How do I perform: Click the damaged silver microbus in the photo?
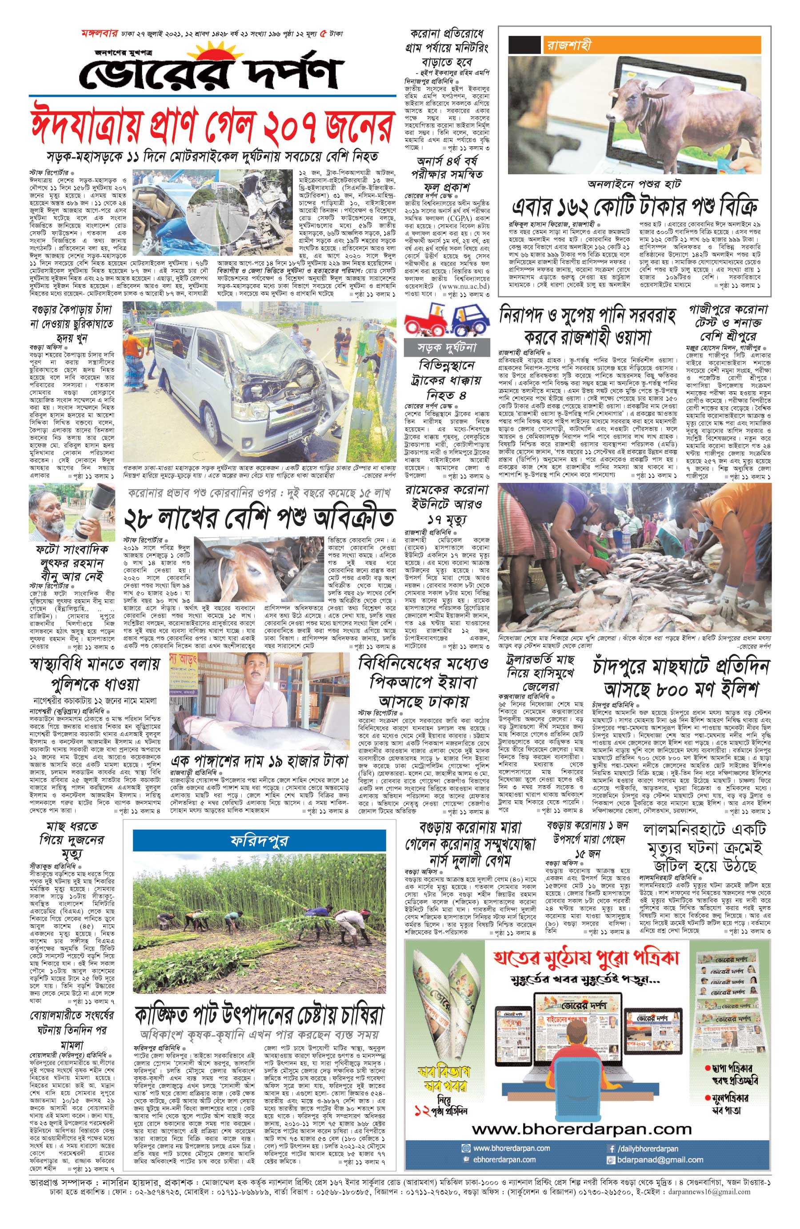(232, 382)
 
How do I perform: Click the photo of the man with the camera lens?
(64, 512)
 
